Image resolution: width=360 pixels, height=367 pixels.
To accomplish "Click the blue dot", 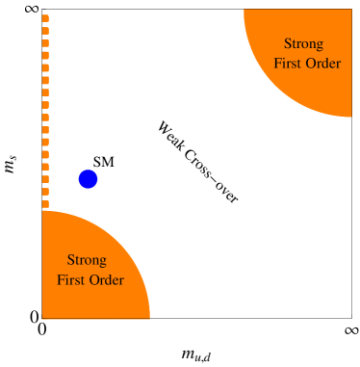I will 88,179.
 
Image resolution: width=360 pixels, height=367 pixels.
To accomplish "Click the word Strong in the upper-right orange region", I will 304,44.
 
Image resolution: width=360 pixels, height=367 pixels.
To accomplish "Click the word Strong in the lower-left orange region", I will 87,260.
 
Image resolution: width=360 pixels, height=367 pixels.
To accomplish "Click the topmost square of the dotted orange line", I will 46,17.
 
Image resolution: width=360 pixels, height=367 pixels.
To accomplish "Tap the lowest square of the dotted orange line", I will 46,204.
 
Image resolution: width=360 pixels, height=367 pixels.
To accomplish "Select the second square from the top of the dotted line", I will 46,30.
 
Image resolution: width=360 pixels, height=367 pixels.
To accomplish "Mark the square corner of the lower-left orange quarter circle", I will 44,316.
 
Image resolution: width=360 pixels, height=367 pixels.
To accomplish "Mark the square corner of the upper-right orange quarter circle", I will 349,12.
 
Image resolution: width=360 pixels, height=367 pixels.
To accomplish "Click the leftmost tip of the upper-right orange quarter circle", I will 245,12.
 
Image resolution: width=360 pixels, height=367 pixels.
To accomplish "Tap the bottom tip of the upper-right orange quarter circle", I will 349,115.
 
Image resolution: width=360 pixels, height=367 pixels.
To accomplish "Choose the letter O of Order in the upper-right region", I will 310,65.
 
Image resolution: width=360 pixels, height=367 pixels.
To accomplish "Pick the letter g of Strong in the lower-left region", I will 102,262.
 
